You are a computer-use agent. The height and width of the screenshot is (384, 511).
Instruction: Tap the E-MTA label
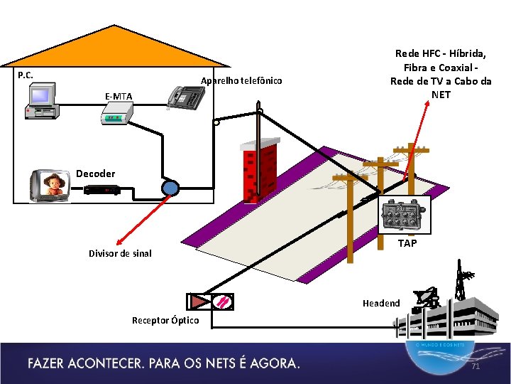pyautogui.click(x=118, y=96)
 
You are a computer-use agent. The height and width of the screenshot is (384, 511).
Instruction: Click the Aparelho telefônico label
pyautogui.click(x=241, y=80)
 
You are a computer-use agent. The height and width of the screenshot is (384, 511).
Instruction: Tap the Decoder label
pyautogui.click(x=95, y=174)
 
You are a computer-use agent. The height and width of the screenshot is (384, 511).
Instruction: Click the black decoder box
pyautogui.click(x=101, y=190)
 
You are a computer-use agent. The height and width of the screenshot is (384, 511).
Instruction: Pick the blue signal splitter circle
pyautogui.click(x=170, y=188)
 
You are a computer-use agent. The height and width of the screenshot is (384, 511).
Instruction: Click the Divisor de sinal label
pyautogui.click(x=120, y=253)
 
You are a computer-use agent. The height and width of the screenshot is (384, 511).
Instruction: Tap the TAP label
pyautogui.click(x=407, y=243)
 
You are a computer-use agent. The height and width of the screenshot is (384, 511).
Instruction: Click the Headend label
pyautogui.click(x=381, y=303)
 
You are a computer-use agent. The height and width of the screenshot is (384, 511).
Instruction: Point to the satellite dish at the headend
pyautogui.click(x=427, y=298)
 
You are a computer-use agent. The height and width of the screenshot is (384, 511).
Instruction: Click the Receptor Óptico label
pyautogui.click(x=165, y=320)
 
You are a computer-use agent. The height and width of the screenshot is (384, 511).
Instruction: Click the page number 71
pyautogui.click(x=476, y=367)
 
